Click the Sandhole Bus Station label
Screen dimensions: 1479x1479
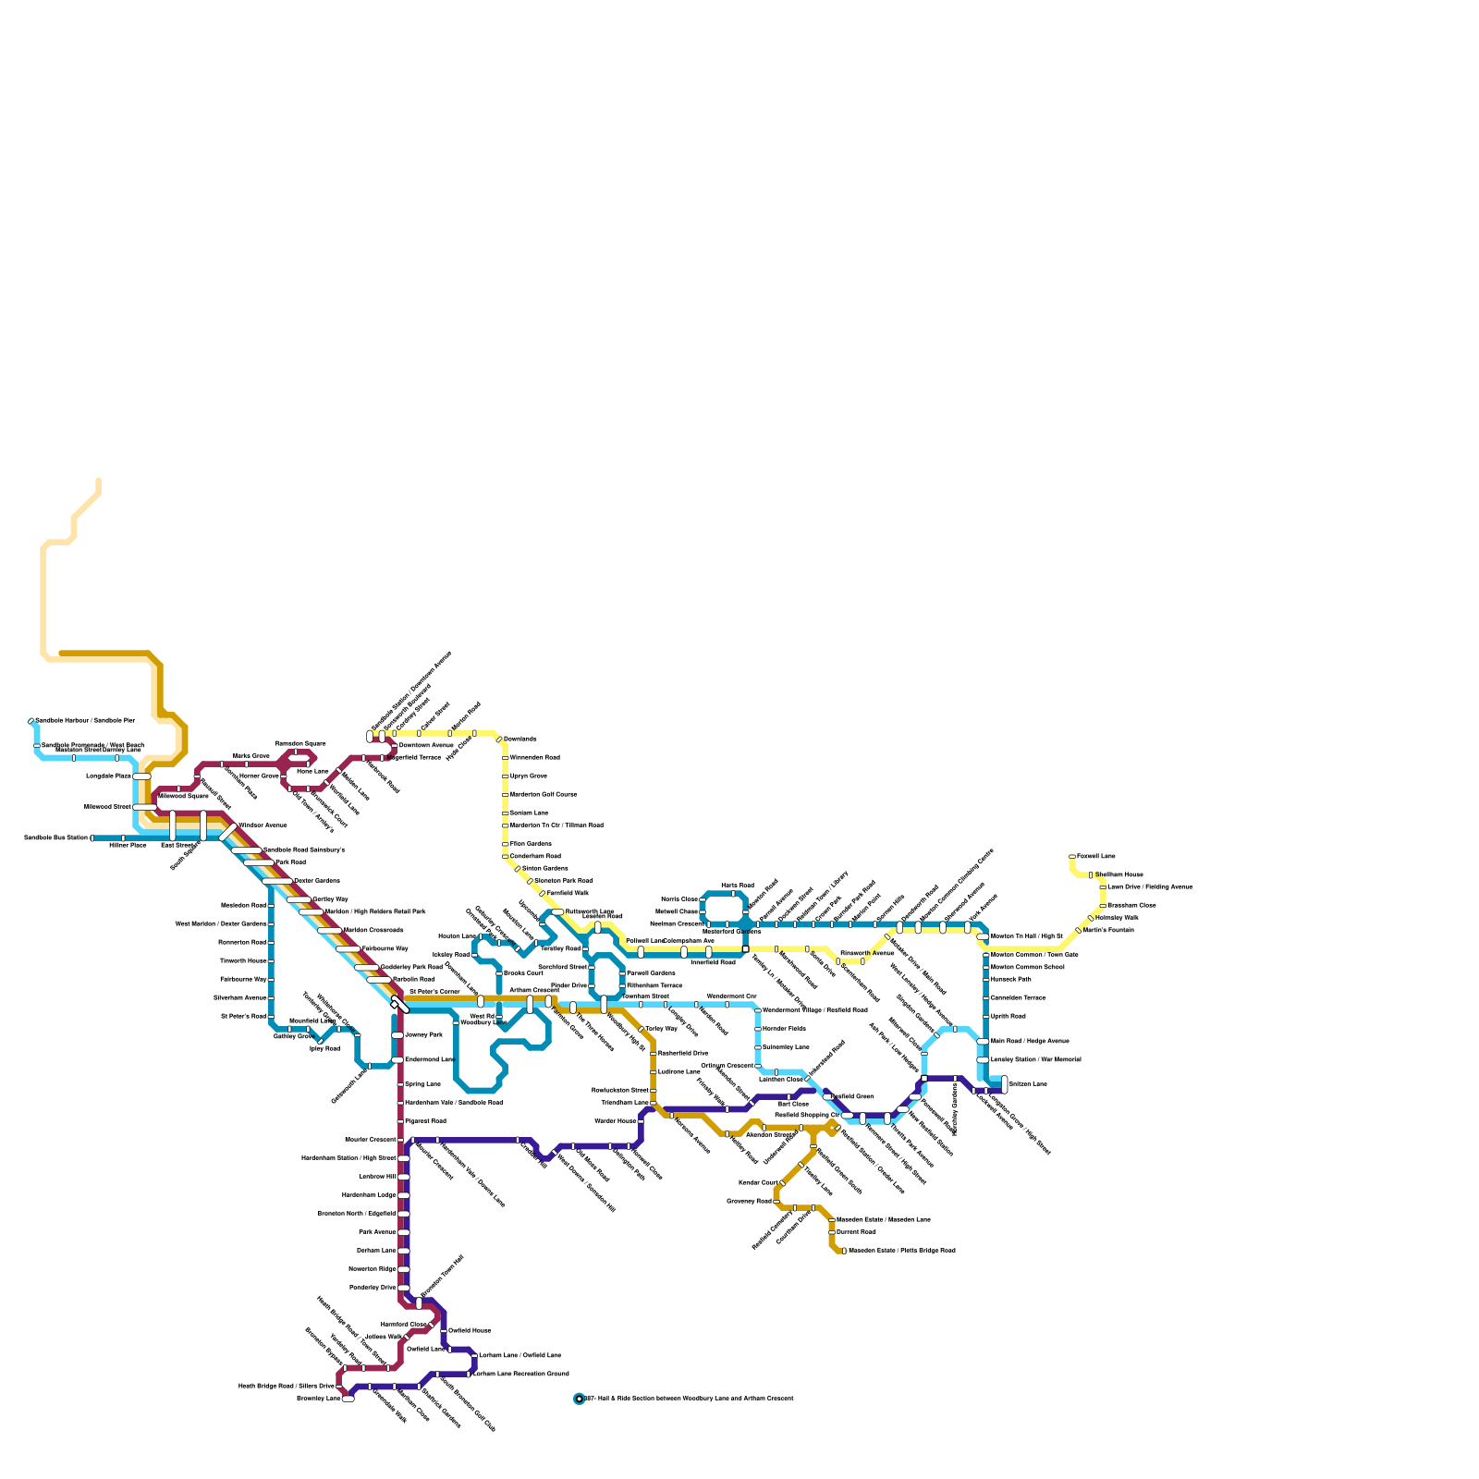pyautogui.click(x=55, y=838)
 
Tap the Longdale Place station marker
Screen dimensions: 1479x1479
pyautogui.click(x=141, y=776)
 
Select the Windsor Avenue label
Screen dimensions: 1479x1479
pyautogui.click(x=263, y=825)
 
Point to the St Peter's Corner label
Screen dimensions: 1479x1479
pyautogui.click(x=434, y=992)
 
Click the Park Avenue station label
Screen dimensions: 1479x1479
pyautogui.click(x=377, y=1232)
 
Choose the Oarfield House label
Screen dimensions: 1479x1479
pyautogui.click(x=469, y=1330)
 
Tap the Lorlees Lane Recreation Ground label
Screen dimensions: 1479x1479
pyautogui.click(x=520, y=1374)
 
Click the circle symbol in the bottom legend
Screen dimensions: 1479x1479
pyautogui.click(x=579, y=1399)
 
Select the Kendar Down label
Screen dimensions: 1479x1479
pyautogui.click(x=757, y=1182)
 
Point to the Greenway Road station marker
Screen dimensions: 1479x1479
pyautogui.click(x=776, y=1201)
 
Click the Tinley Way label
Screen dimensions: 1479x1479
pyautogui.click(x=661, y=1029)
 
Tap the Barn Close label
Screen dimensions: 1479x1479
pyautogui.click(x=792, y=1104)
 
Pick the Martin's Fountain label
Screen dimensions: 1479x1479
pyautogui.click(x=1108, y=930)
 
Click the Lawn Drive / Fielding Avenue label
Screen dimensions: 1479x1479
pyautogui.click(x=1149, y=886)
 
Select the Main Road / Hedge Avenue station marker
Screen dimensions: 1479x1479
pyautogui.click(x=983, y=1042)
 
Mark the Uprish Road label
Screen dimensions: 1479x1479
pyautogui.click(x=1008, y=1016)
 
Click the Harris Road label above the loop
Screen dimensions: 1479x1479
pyautogui.click(x=737, y=886)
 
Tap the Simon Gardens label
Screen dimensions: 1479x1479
pyautogui.click(x=544, y=869)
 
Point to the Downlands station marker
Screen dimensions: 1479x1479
pyautogui.click(x=499, y=739)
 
